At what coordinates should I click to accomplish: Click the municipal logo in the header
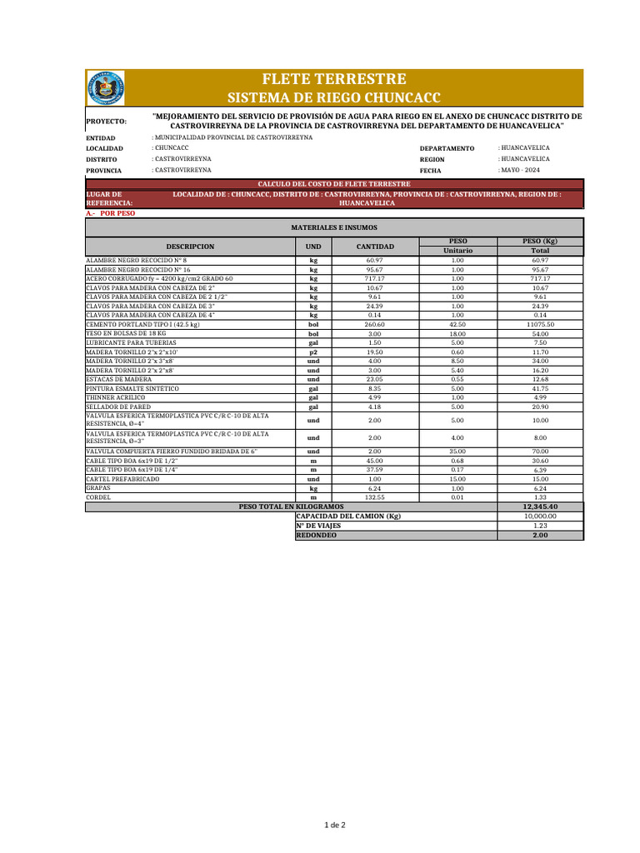[x=106, y=88]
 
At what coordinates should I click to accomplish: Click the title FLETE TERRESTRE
[x=334, y=79]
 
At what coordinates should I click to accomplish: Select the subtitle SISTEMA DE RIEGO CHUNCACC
[x=334, y=97]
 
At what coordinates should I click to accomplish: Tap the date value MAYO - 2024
[x=519, y=170]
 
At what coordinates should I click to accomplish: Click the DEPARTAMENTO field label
[x=447, y=148]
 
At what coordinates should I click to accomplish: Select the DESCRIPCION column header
[x=190, y=247]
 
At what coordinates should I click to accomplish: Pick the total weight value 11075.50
[x=540, y=324]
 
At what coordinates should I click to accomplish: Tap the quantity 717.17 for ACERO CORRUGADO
[x=374, y=278]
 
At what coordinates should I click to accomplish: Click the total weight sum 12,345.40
[x=540, y=506]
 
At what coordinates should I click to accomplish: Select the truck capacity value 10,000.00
[x=540, y=516]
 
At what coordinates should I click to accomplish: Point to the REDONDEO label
[x=317, y=536]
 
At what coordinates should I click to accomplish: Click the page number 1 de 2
[x=334, y=825]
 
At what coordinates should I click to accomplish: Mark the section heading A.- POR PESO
[x=110, y=213]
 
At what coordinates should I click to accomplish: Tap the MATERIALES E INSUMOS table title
[x=334, y=227]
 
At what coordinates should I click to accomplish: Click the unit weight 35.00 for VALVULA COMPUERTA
[x=457, y=451]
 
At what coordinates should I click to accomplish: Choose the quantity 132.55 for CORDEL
[x=374, y=497]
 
